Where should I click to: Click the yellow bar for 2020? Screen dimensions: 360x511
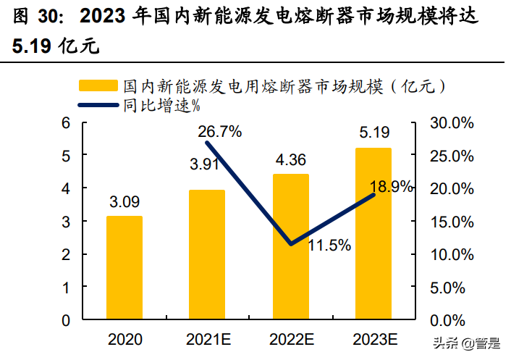tap(124, 267)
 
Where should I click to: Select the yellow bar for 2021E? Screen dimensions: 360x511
tap(207, 254)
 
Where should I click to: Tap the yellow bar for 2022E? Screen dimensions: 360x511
tap(290, 246)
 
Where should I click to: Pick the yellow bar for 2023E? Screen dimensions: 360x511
tap(373, 233)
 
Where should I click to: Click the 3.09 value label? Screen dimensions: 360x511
tap(124, 201)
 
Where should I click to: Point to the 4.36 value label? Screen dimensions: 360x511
tap(290, 159)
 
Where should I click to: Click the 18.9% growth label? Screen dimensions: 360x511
tap(392, 186)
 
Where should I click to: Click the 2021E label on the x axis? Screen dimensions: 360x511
tap(208, 339)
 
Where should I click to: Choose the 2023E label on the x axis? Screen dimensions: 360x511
tap(374, 339)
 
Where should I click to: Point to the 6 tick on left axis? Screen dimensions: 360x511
tap(65, 122)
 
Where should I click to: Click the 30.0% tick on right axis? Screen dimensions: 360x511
tap(452, 122)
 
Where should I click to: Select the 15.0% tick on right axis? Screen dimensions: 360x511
tap(452, 221)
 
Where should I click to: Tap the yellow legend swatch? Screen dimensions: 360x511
tap(99, 86)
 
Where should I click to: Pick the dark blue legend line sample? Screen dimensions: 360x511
tap(99, 106)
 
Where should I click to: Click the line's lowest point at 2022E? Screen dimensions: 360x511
tap(290, 243)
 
